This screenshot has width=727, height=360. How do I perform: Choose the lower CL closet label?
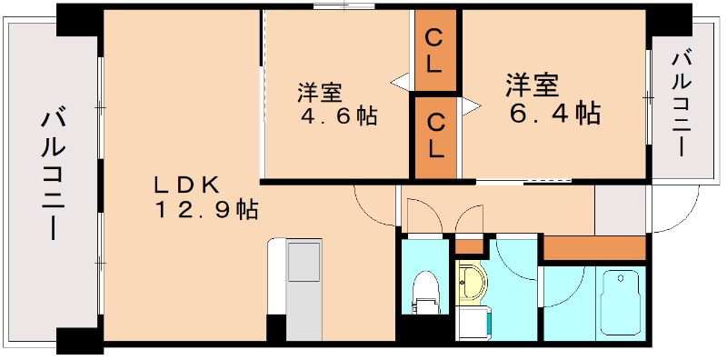tap(436, 134)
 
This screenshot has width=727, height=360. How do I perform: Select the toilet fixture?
tap(423, 291)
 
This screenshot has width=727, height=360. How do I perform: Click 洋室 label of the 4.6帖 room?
tap(320, 93)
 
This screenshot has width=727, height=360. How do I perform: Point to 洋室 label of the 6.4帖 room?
tap(532, 85)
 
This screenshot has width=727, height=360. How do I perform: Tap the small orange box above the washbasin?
tap(469, 246)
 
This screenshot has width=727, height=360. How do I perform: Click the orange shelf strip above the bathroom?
tap(594, 248)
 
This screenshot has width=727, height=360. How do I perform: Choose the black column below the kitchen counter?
tap(275, 327)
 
